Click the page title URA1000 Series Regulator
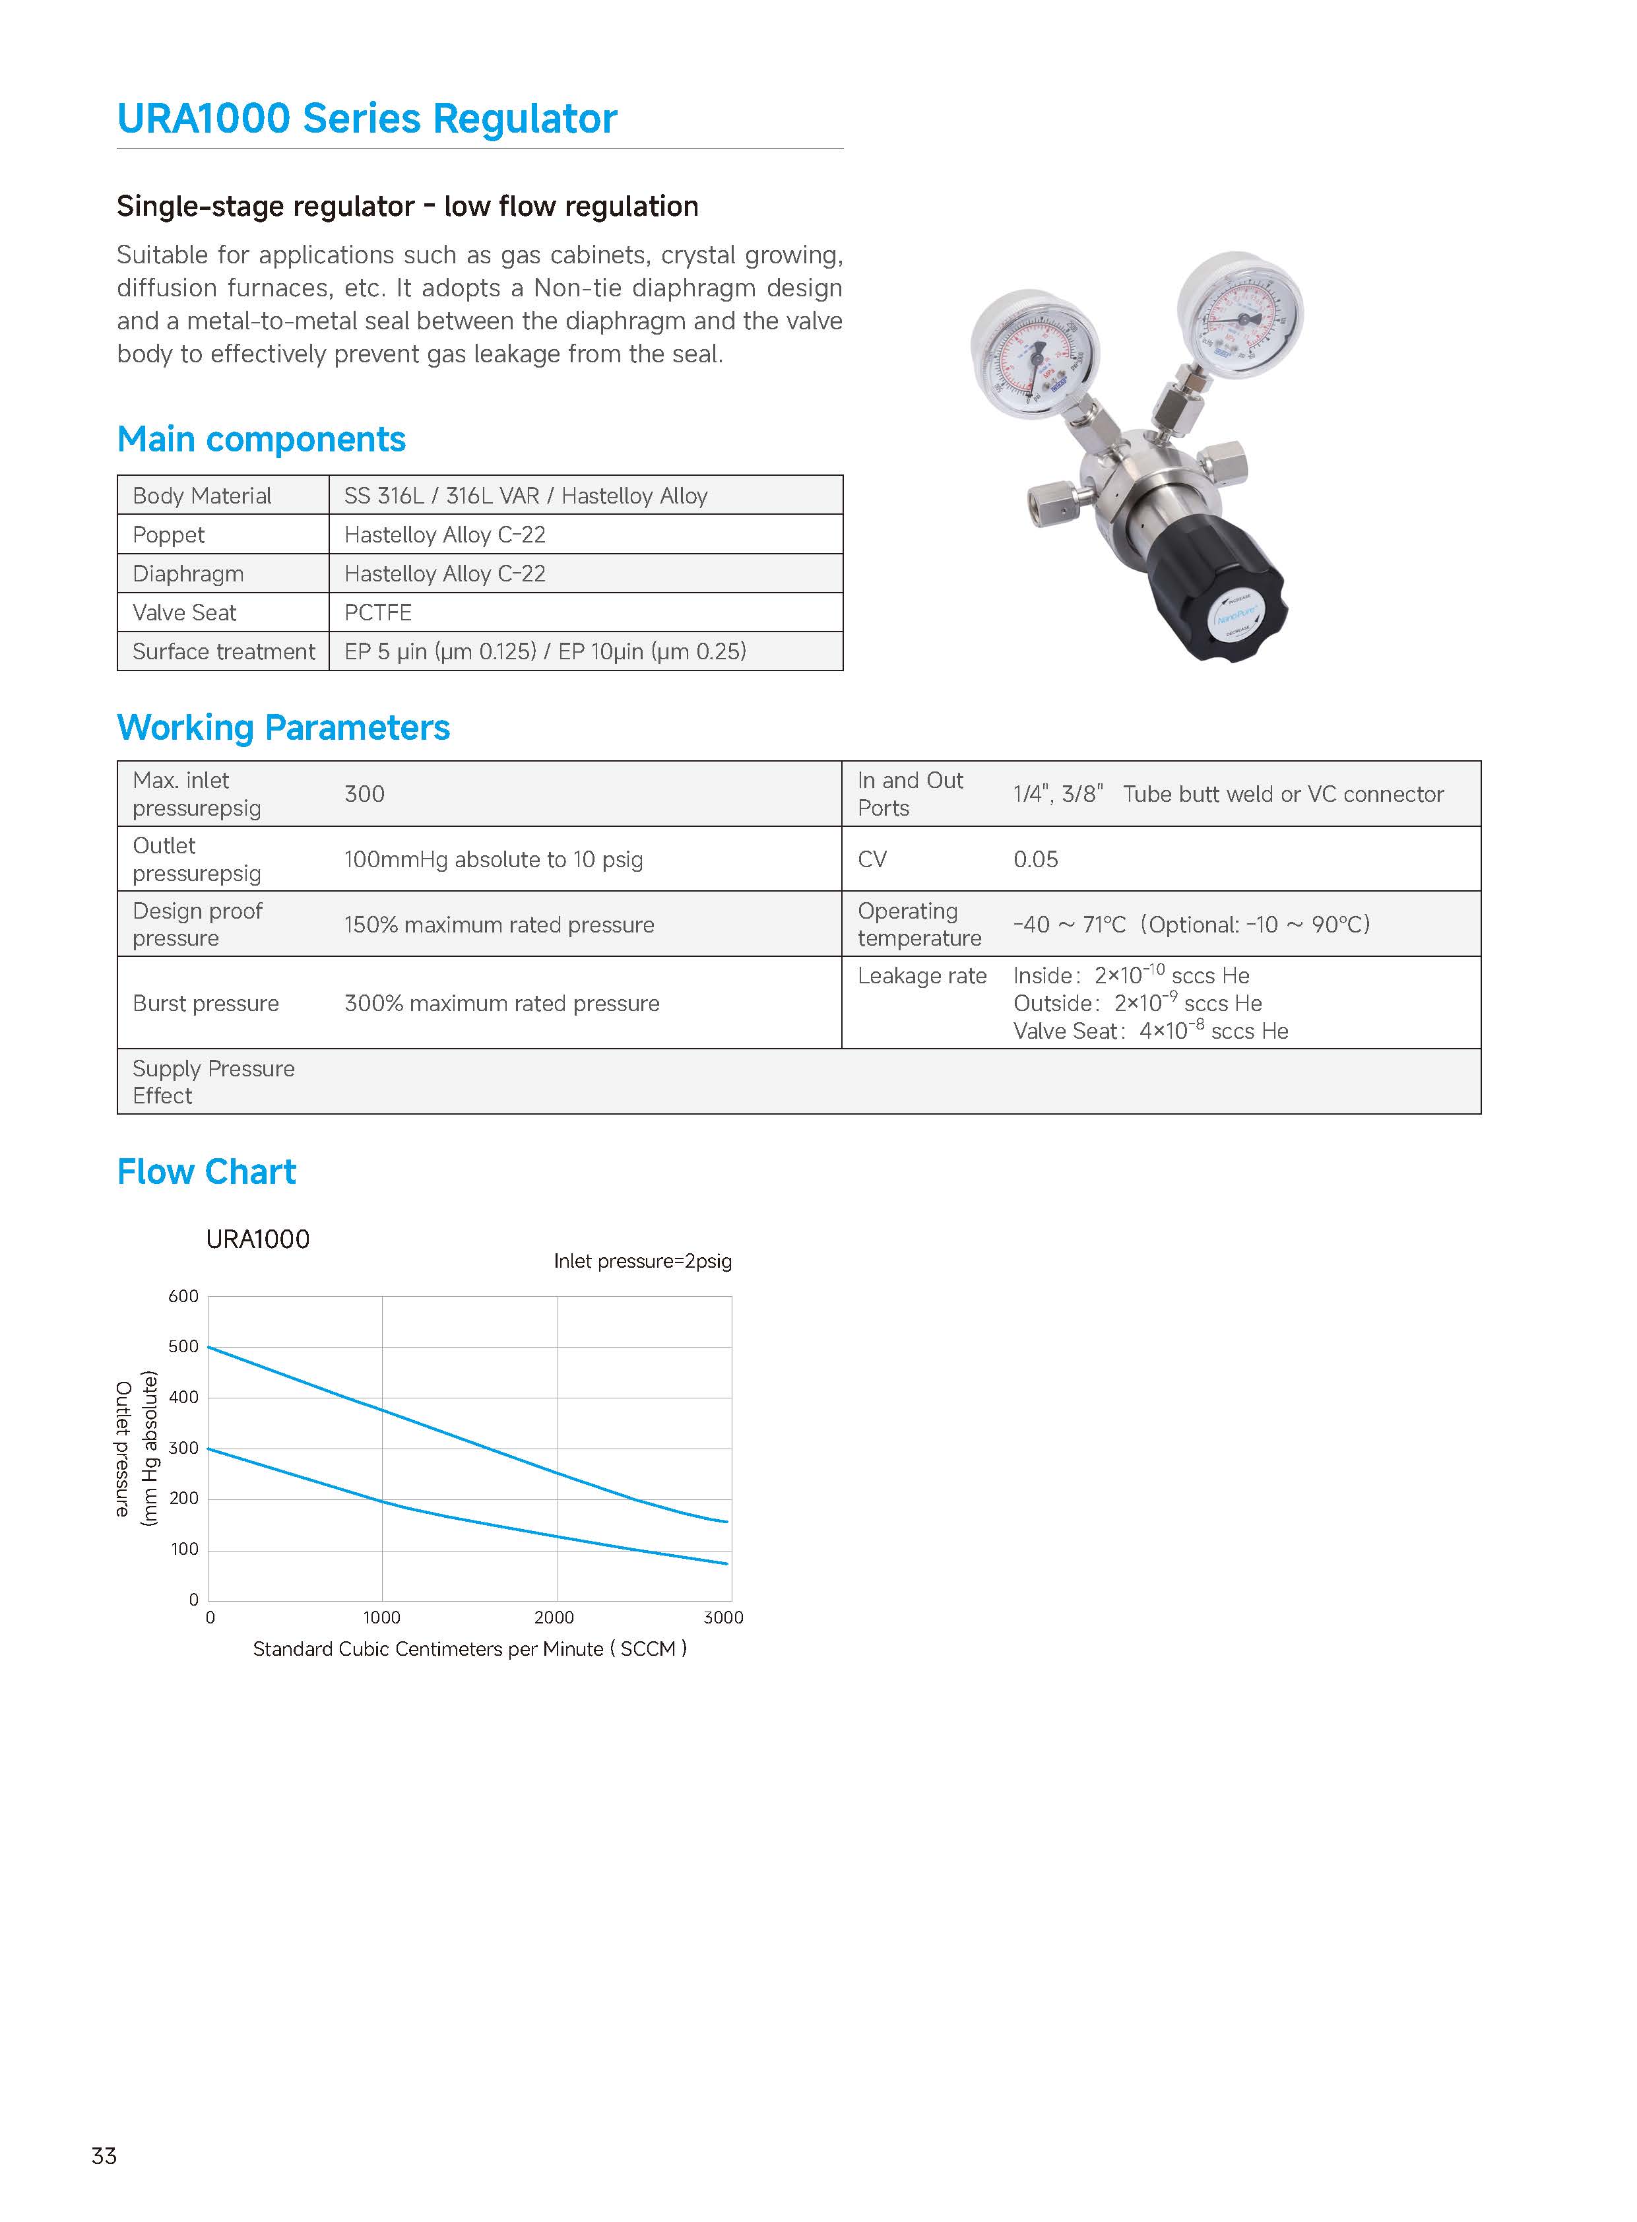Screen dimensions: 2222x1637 [x=367, y=119]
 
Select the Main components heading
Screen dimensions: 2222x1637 [x=261, y=439]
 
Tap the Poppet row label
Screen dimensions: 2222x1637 [x=168, y=535]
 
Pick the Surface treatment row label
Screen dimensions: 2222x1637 [x=224, y=651]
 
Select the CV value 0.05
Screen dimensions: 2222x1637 [x=1035, y=859]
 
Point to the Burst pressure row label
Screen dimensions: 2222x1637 [x=206, y=1003]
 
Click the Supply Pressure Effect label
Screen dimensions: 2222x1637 [x=213, y=1081]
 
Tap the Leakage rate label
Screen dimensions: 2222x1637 [x=922, y=976]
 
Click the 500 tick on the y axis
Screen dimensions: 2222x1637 [x=183, y=1347]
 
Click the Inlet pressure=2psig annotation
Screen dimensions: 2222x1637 [x=642, y=1262]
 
